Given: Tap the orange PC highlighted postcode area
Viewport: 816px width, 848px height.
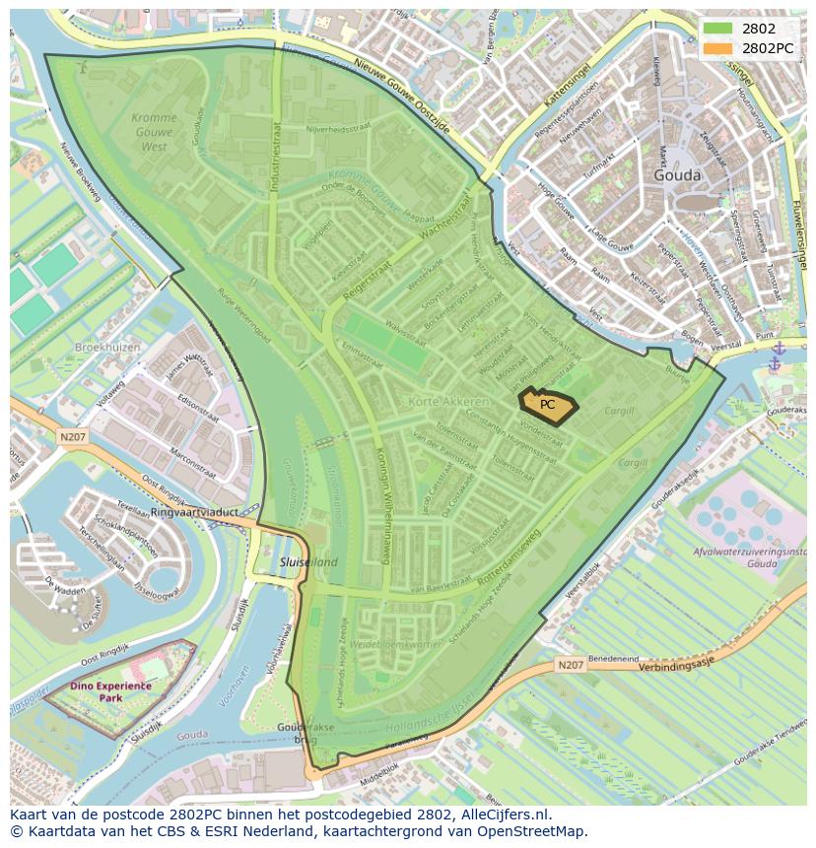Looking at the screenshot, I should click(x=548, y=405).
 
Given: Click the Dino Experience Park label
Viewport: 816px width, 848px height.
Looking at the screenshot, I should click(x=110, y=690).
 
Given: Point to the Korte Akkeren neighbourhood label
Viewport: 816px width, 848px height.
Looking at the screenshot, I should click(x=448, y=402).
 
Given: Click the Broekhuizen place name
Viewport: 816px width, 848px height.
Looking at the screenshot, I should click(x=107, y=348).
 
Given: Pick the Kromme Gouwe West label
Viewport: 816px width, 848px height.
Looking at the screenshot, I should click(x=154, y=132).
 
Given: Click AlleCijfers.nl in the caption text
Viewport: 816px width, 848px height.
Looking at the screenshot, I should click(x=510, y=815).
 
